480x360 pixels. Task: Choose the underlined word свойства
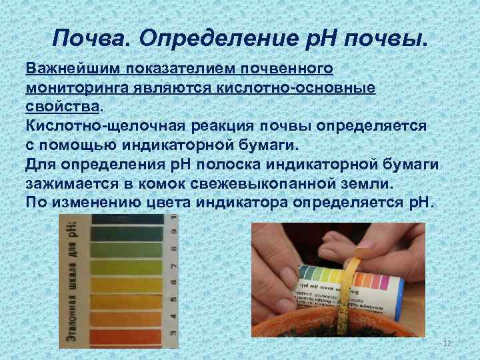tap(63, 106)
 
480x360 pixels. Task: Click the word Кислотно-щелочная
tap(102, 125)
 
